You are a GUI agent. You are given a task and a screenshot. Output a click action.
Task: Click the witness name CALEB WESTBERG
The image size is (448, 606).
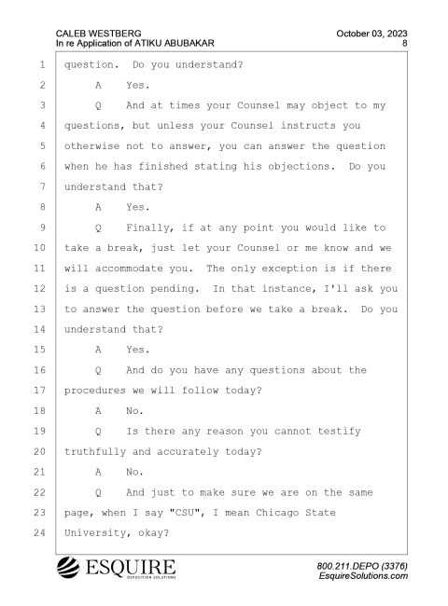click(98, 34)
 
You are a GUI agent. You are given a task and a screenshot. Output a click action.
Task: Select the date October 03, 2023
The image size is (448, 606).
click(371, 34)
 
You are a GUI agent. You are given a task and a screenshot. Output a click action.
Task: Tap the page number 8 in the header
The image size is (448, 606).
click(404, 43)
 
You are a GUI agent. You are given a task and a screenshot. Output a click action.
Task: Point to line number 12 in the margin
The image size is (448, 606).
click(39, 289)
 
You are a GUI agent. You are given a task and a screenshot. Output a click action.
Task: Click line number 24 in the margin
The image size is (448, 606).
click(39, 533)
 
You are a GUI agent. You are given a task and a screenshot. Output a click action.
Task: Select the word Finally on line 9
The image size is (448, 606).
click(149, 228)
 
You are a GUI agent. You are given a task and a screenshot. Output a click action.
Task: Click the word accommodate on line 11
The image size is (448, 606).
click(129, 269)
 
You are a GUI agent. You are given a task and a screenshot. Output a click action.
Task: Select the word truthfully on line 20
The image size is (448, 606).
click(95, 452)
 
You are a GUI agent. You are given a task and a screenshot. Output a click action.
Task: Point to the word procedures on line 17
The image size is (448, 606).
click(95, 391)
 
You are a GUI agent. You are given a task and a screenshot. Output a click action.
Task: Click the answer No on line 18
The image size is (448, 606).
click(134, 411)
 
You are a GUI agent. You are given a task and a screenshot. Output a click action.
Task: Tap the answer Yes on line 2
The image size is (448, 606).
click(138, 86)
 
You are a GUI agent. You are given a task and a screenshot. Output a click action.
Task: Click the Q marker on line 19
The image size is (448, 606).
click(98, 432)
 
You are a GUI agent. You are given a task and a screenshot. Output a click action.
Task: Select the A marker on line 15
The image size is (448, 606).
click(98, 350)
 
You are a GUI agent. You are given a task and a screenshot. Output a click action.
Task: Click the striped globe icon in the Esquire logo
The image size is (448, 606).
click(68, 568)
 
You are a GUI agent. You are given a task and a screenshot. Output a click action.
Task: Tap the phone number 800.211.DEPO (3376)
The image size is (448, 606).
click(362, 566)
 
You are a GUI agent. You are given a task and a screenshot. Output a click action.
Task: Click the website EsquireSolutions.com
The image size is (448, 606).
click(363, 576)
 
